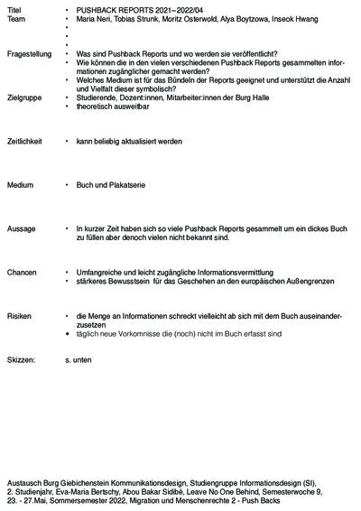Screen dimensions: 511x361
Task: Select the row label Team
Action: point(16,17)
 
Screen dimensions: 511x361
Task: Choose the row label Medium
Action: point(20,185)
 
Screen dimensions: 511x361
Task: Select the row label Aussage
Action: point(21,229)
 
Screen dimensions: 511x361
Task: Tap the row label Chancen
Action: point(22,272)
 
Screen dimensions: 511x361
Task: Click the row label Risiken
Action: point(19,316)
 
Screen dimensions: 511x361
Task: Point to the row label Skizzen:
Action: point(21,359)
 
